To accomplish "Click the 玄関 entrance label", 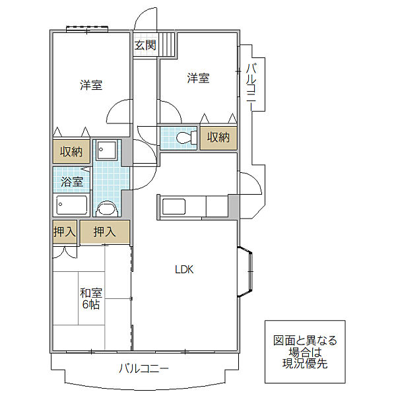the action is (145, 45).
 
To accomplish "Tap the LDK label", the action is (184, 270).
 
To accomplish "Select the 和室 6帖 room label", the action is (91, 299).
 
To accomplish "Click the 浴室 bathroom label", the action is (72, 181).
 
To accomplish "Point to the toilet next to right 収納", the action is (186, 138).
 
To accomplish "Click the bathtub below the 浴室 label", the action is (72, 205).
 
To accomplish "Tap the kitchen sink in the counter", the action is (174, 207).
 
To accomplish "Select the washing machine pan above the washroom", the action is (107, 150).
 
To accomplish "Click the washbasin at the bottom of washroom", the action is (107, 209).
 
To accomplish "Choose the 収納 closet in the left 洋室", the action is (71, 151).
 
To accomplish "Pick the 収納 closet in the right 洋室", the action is (218, 138).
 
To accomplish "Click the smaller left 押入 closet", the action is (65, 232).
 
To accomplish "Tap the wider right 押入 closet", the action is (105, 232).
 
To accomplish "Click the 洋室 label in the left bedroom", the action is (91, 85).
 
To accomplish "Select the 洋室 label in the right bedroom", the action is (198, 78).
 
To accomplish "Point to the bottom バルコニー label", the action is (143, 368).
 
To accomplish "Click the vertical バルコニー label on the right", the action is (251, 87).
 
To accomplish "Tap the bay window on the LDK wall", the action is (245, 271).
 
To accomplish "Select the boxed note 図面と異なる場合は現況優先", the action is (305, 352).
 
